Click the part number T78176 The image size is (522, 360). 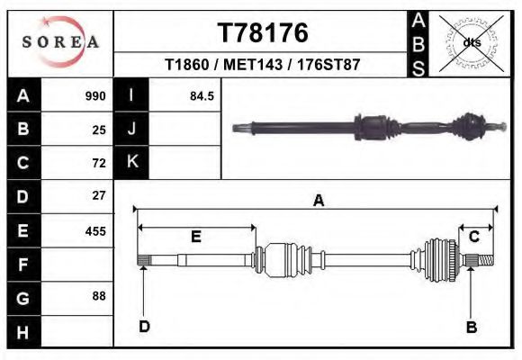(263, 33)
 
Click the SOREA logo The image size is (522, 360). (60, 42)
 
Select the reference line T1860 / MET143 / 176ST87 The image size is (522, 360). (263, 66)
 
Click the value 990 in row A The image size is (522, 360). (95, 96)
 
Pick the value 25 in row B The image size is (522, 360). (99, 130)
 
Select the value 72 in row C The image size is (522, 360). (99, 163)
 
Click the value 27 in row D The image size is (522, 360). (99, 195)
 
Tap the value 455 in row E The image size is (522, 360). (95, 230)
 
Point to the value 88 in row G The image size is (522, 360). (99, 296)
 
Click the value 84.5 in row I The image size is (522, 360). (202, 96)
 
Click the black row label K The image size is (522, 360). (131, 162)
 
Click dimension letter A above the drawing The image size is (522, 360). (318, 202)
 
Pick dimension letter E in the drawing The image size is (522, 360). (195, 237)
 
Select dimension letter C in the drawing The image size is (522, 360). (473, 236)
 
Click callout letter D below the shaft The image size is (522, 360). (143, 327)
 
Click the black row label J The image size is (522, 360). (131, 130)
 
